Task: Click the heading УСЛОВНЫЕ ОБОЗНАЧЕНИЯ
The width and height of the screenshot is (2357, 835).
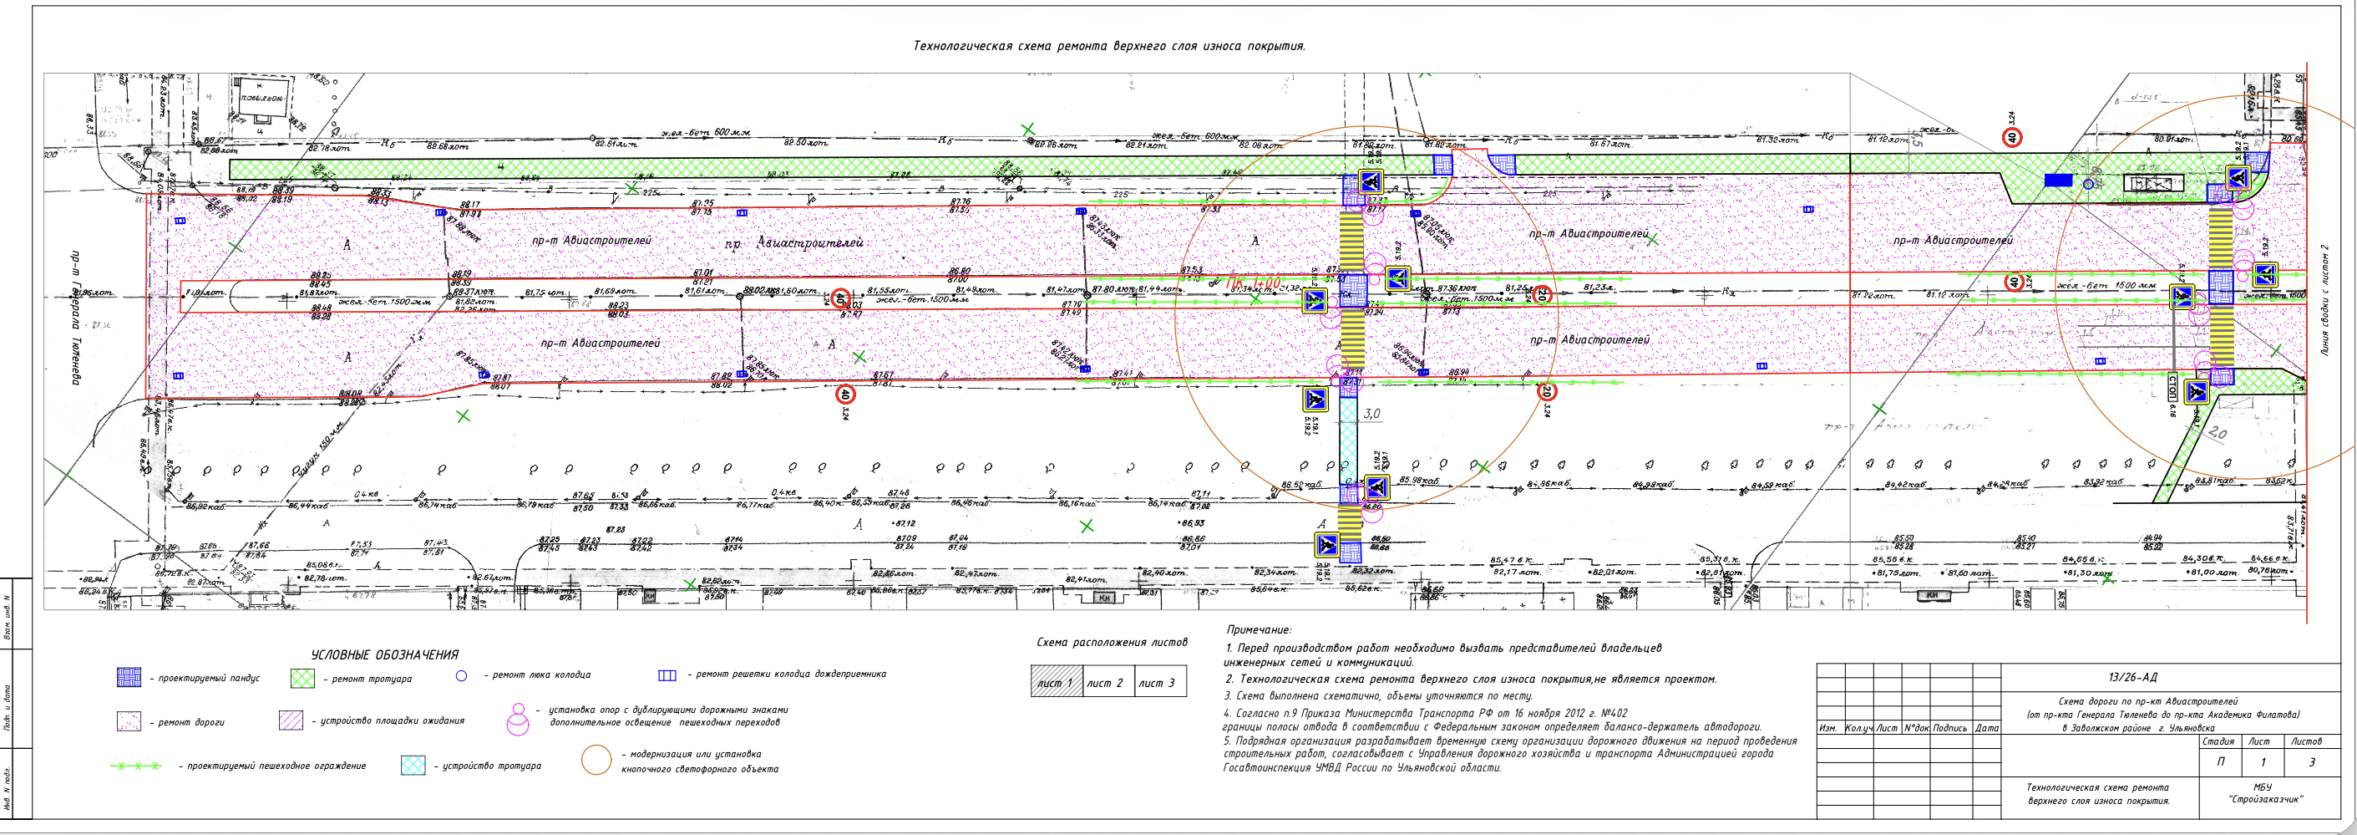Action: click(x=384, y=654)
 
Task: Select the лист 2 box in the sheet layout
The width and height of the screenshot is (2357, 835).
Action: click(x=1104, y=683)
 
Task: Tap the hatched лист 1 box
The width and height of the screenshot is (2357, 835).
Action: click(x=1055, y=683)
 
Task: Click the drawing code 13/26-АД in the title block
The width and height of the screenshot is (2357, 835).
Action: click(x=2132, y=678)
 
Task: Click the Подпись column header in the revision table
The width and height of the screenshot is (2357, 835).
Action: click(x=1950, y=728)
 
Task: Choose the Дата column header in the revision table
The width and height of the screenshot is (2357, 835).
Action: click(x=1986, y=728)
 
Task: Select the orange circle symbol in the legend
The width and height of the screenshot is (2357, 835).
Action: click(x=596, y=760)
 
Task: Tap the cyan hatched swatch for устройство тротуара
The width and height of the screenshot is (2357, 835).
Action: click(x=413, y=766)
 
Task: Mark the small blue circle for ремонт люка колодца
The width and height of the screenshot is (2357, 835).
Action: click(x=461, y=675)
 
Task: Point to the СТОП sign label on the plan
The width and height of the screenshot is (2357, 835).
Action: click(x=2172, y=387)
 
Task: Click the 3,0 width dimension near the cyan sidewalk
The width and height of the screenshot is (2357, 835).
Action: click(x=1371, y=414)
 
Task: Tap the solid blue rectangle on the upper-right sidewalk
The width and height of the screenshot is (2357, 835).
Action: click(x=2058, y=181)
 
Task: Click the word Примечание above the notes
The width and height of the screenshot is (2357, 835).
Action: click(x=1258, y=630)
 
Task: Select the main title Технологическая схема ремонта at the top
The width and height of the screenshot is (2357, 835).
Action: click(x=1109, y=47)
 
